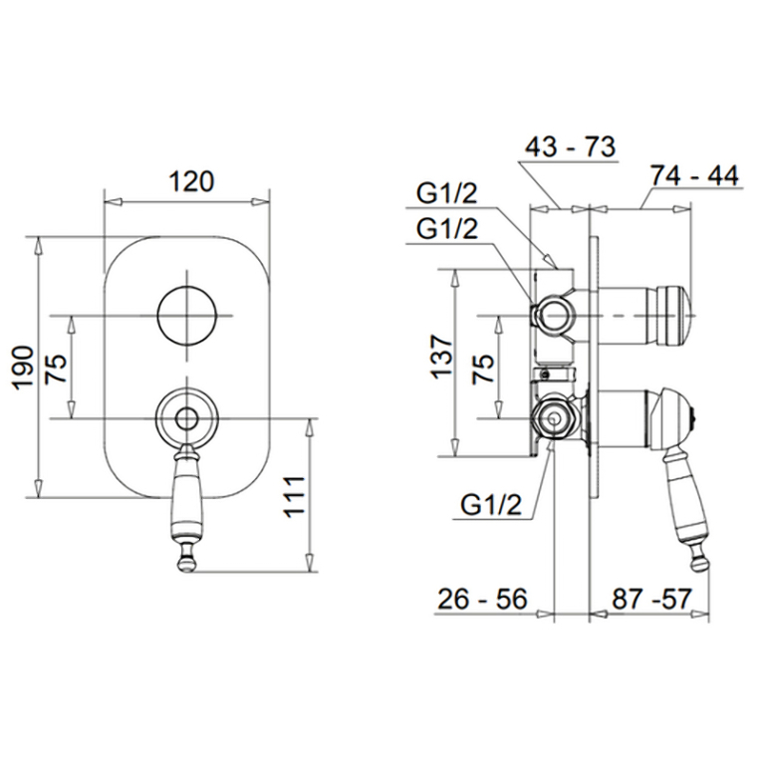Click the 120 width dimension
(191, 182)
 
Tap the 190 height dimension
(23, 367)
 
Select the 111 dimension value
(295, 497)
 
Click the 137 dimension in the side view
(441, 356)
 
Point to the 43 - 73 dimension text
(570, 146)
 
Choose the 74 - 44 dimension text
(695, 175)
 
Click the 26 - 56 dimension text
(482, 599)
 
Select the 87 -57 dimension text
(652, 599)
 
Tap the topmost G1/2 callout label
(447, 193)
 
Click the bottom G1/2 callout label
(491, 505)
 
